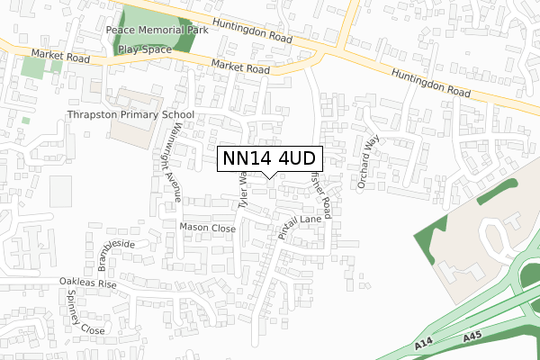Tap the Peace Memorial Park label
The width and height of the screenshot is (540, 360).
click(x=157, y=30)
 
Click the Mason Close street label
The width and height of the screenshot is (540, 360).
click(x=207, y=229)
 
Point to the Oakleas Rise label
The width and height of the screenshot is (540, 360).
click(x=88, y=283)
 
